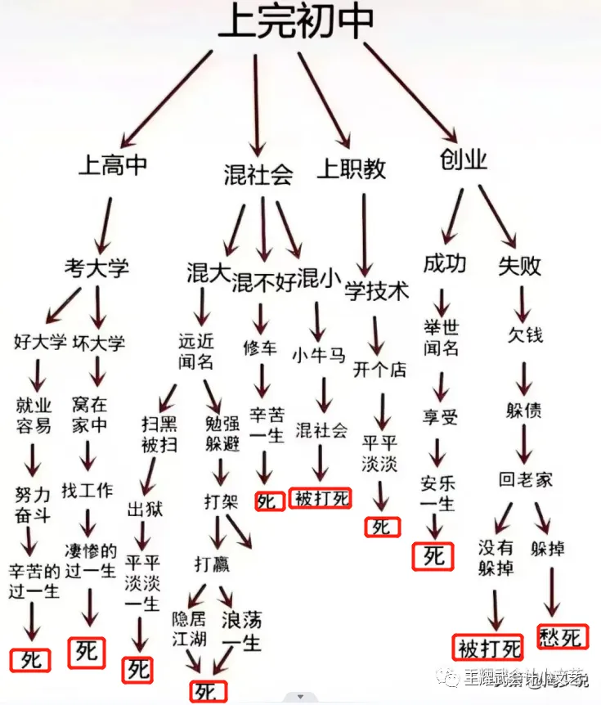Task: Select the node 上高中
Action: pyautogui.click(x=113, y=165)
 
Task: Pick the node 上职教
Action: pyautogui.click(x=352, y=168)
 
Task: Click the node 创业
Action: pyautogui.click(x=464, y=159)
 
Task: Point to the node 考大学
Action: pyautogui.click(x=96, y=267)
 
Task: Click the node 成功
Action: pyautogui.click(x=445, y=263)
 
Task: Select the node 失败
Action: pyautogui.click(x=520, y=265)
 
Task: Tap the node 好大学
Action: pyautogui.click(x=40, y=342)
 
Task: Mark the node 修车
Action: pyautogui.click(x=260, y=348)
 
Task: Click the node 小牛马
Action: pyautogui.click(x=319, y=356)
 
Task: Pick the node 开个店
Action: pyautogui.click(x=379, y=369)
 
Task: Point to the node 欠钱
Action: pyautogui.click(x=524, y=335)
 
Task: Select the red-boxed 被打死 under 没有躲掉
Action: pyautogui.click(x=489, y=649)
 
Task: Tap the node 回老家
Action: pyautogui.click(x=526, y=479)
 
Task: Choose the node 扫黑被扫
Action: pyautogui.click(x=159, y=434)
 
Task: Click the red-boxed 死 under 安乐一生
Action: pyautogui.click(x=434, y=556)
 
